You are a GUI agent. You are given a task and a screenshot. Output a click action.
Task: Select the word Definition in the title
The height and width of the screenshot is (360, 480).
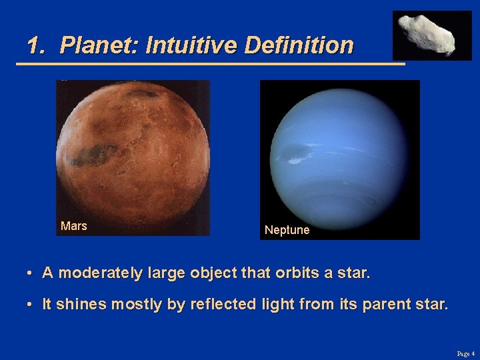coord(299,45)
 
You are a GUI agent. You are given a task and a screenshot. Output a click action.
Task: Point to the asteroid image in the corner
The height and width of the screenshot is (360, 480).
coord(431,35)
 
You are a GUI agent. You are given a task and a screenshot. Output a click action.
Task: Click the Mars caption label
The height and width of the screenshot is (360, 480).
coord(74,226)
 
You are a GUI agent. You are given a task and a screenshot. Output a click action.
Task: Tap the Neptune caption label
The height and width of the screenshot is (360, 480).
coord(287,230)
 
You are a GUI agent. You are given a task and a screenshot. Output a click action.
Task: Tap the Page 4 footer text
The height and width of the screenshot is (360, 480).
coord(465,353)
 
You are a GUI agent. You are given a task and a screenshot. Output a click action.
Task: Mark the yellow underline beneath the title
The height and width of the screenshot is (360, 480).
coord(210,64)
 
